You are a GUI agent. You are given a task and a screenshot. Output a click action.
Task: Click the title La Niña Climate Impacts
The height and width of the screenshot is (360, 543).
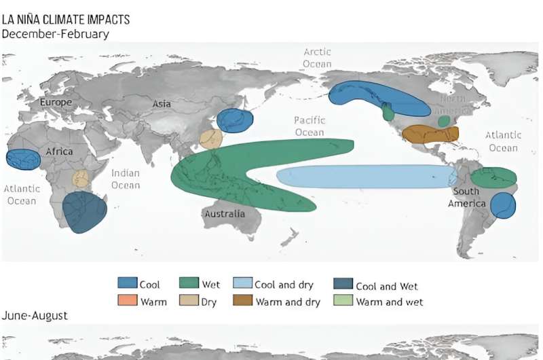[66, 20]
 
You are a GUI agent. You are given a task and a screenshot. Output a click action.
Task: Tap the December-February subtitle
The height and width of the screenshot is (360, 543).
[56, 33]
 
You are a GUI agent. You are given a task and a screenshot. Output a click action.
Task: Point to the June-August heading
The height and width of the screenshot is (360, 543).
[35, 316]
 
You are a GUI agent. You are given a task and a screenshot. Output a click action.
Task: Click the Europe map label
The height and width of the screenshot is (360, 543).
[55, 102]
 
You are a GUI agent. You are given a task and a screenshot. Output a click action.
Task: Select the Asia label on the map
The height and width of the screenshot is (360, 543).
[162, 104]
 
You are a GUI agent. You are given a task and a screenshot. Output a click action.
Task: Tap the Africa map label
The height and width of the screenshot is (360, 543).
[59, 151]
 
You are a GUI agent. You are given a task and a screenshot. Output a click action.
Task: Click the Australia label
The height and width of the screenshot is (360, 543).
[223, 214]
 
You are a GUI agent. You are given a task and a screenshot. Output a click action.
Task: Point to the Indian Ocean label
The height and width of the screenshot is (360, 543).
[125, 179]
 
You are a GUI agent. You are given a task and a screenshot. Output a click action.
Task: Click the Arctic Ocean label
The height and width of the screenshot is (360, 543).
[316, 56]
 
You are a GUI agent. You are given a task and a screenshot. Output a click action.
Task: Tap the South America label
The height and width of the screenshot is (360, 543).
[466, 197]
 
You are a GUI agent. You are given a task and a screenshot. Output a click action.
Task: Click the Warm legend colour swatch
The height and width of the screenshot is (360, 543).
[127, 300]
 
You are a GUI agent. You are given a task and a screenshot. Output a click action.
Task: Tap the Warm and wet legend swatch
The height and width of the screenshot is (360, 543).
[344, 300]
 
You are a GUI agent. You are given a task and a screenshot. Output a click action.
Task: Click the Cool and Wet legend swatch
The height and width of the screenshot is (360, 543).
[344, 285]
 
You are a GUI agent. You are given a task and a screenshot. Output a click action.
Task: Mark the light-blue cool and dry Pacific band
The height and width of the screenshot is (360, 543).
[367, 177]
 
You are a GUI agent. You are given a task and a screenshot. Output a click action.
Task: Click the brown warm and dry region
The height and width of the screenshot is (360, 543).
[430, 134]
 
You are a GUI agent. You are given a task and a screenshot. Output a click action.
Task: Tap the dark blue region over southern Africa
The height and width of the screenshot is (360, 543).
[83, 213]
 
